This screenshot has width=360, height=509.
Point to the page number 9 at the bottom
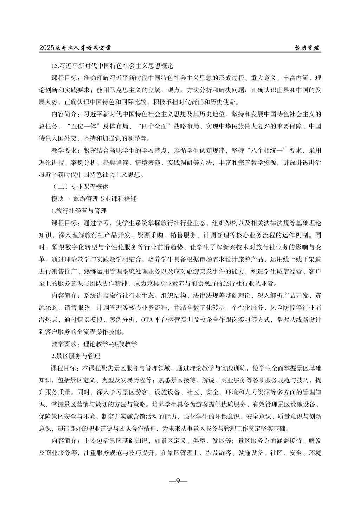(178, 481)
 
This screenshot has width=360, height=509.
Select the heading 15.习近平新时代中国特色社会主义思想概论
(112, 65)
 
